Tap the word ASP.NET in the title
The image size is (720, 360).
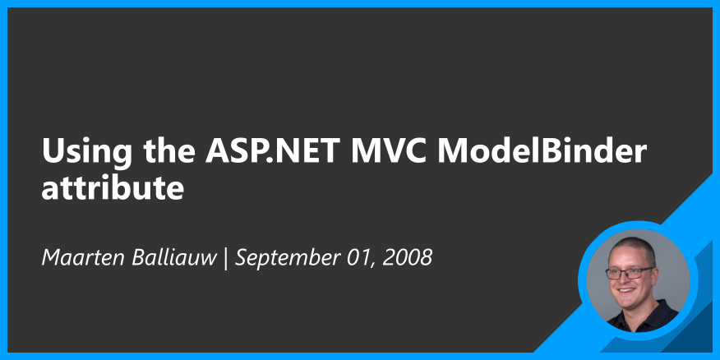click(x=272, y=150)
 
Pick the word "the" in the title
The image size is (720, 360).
click(x=169, y=150)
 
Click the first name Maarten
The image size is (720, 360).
click(x=84, y=257)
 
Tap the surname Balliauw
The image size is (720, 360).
click(x=174, y=257)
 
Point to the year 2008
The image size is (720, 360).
click(x=407, y=257)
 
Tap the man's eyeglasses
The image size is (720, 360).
click(x=629, y=273)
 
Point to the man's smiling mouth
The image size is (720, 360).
click(x=626, y=290)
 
